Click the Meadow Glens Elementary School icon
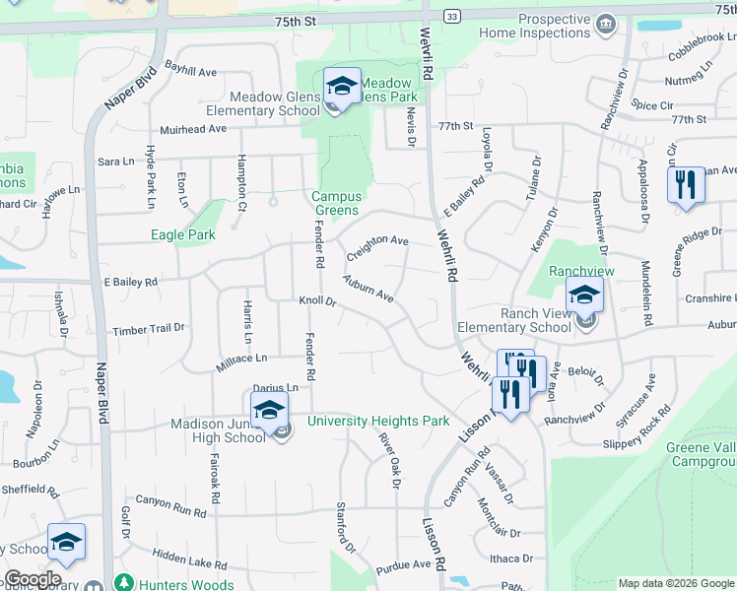point(342,87)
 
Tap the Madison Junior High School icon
point(269,412)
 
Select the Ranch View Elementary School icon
point(584,295)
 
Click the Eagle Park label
point(182,234)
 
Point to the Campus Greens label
point(336,203)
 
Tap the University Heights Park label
point(378,421)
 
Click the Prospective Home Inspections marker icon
point(605,22)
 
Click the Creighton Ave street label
point(376,241)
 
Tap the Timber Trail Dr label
point(149,329)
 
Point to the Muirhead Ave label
point(194,129)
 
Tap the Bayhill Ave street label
point(191,71)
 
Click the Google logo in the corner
point(33,579)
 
